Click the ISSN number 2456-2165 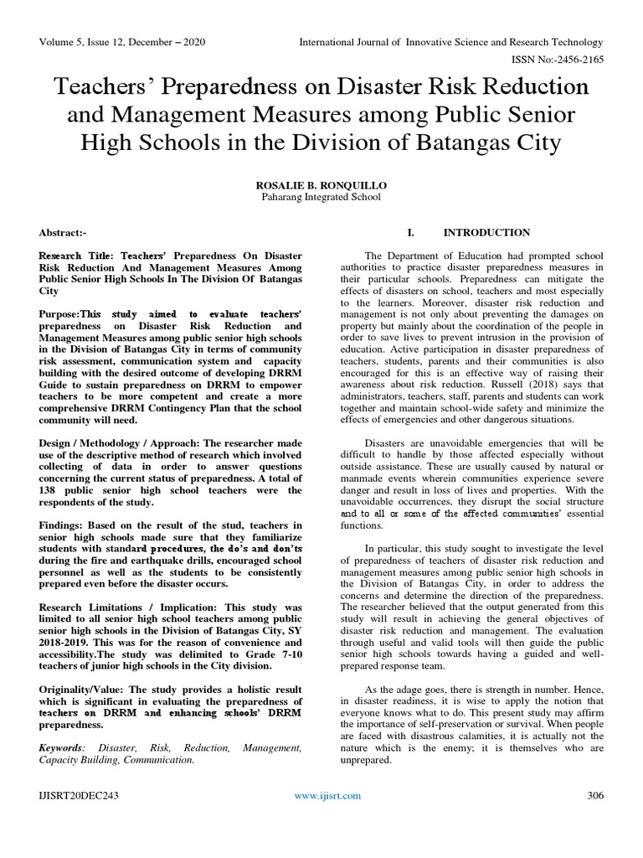pos(572,59)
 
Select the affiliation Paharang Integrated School pos(321,198)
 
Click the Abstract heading pos(62,233)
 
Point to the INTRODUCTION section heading pos(486,232)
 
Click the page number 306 pos(595,796)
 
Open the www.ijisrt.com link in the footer pos(327,796)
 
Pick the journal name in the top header pos(451,41)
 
